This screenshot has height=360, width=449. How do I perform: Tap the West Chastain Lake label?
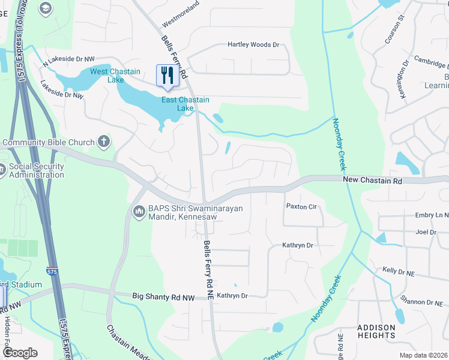pos(107,76)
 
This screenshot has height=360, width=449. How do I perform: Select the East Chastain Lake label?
pos(185,104)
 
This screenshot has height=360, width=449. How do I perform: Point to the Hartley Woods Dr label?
pos(253,45)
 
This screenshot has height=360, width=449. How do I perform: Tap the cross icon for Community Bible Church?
pos(104,142)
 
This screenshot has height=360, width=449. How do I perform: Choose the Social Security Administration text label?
pos(36,171)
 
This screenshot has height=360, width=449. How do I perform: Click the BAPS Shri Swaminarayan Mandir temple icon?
pos(138,212)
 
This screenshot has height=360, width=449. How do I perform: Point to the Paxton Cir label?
pos(301,207)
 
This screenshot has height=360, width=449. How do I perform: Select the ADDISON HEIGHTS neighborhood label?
pos(376,331)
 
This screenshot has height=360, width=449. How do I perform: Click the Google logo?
pos(20,353)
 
